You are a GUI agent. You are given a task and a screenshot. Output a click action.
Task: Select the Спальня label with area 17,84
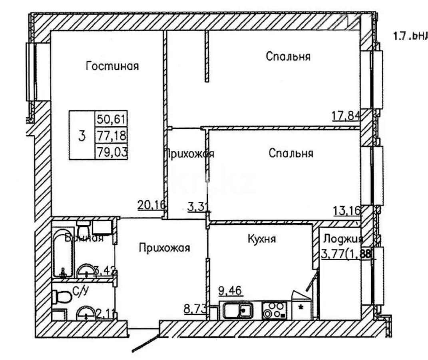click(x=288, y=57)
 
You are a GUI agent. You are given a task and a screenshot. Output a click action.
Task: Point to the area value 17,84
click(x=346, y=116)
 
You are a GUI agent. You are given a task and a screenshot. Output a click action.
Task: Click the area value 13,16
click(x=346, y=210)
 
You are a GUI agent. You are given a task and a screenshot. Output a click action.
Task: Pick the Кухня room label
click(x=262, y=239)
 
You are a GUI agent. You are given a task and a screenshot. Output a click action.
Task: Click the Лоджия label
click(x=342, y=239)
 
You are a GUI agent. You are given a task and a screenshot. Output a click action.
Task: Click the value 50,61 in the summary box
click(x=111, y=119)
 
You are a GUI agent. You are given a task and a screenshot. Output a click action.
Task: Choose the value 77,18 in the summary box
click(x=111, y=136)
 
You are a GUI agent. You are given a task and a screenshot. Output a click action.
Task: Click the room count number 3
click(x=82, y=136)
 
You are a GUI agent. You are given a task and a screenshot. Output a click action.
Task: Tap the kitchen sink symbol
click(x=237, y=311)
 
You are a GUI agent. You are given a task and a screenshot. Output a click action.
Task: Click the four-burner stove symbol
click(x=275, y=311)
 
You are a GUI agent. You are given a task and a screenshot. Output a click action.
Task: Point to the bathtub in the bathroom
click(x=63, y=254)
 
